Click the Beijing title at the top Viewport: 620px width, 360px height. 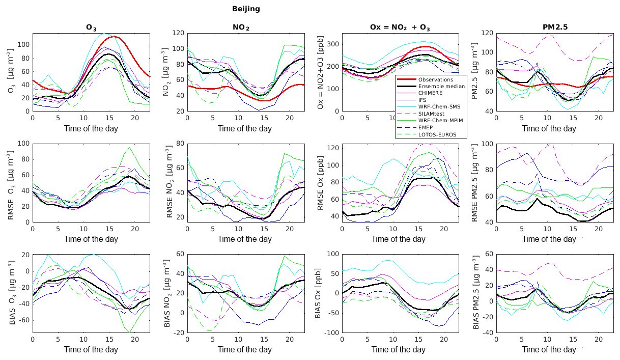pyautogui.click(x=246, y=9)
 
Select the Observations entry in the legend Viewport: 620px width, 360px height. pyautogui.click(x=435, y=79)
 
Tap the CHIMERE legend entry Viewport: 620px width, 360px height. pyautogui.click(x=431, y=93)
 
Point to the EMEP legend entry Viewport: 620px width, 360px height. pyautogui.click(x=427, y=128)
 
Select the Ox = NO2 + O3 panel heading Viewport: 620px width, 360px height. pyautogui.click(x=400, y=27)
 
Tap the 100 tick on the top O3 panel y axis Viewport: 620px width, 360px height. pyautogui.click(x=23, y=45)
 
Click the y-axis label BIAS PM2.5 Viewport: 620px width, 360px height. pyautogui.click(x=476, y=293)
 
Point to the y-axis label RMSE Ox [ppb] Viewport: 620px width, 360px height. pyautogui.click(x=320, y=182)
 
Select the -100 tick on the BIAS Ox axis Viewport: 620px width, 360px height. pyautogui.click(x=330, y=333)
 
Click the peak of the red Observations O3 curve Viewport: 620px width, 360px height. pyautogui.click(x=113, y=36)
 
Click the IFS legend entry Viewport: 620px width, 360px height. pyautogui.click(x=423, y=100)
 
